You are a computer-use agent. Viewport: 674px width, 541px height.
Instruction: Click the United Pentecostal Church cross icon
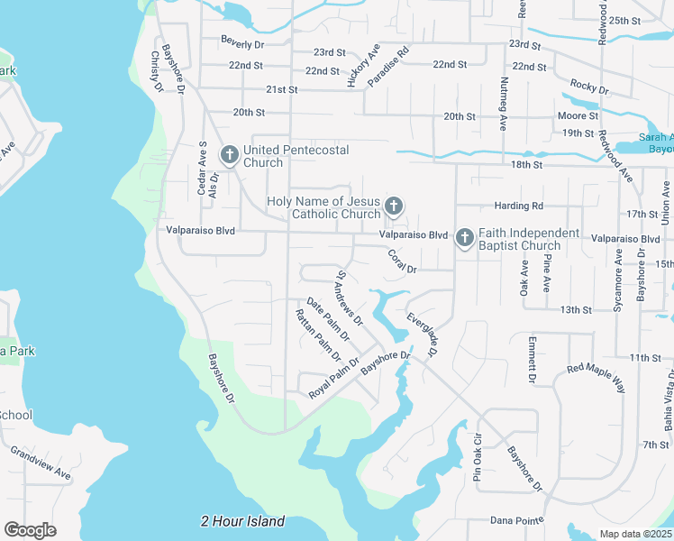click(x=229, y=156)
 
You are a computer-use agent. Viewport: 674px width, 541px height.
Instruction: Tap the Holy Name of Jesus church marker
click(x=393, y=207)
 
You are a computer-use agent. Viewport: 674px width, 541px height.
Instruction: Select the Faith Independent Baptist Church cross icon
click(x=464, y=239)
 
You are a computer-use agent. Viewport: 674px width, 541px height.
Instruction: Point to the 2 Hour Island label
click(x=242, y=521)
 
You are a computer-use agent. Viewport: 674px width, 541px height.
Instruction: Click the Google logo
click(x=30, y=529)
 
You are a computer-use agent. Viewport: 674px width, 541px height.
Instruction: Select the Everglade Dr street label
click(x=422, y=335)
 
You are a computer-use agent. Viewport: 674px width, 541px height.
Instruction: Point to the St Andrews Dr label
click(x=349, y=298)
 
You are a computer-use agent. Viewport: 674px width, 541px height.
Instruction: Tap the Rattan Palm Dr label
click(x=315, y=337)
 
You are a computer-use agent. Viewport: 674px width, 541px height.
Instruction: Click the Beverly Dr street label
click(x=243, y=42)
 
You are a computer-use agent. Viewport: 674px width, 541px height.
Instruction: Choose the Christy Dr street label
click(x=156, y=70)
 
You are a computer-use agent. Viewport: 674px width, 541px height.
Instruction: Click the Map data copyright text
click(x=635, y=533)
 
